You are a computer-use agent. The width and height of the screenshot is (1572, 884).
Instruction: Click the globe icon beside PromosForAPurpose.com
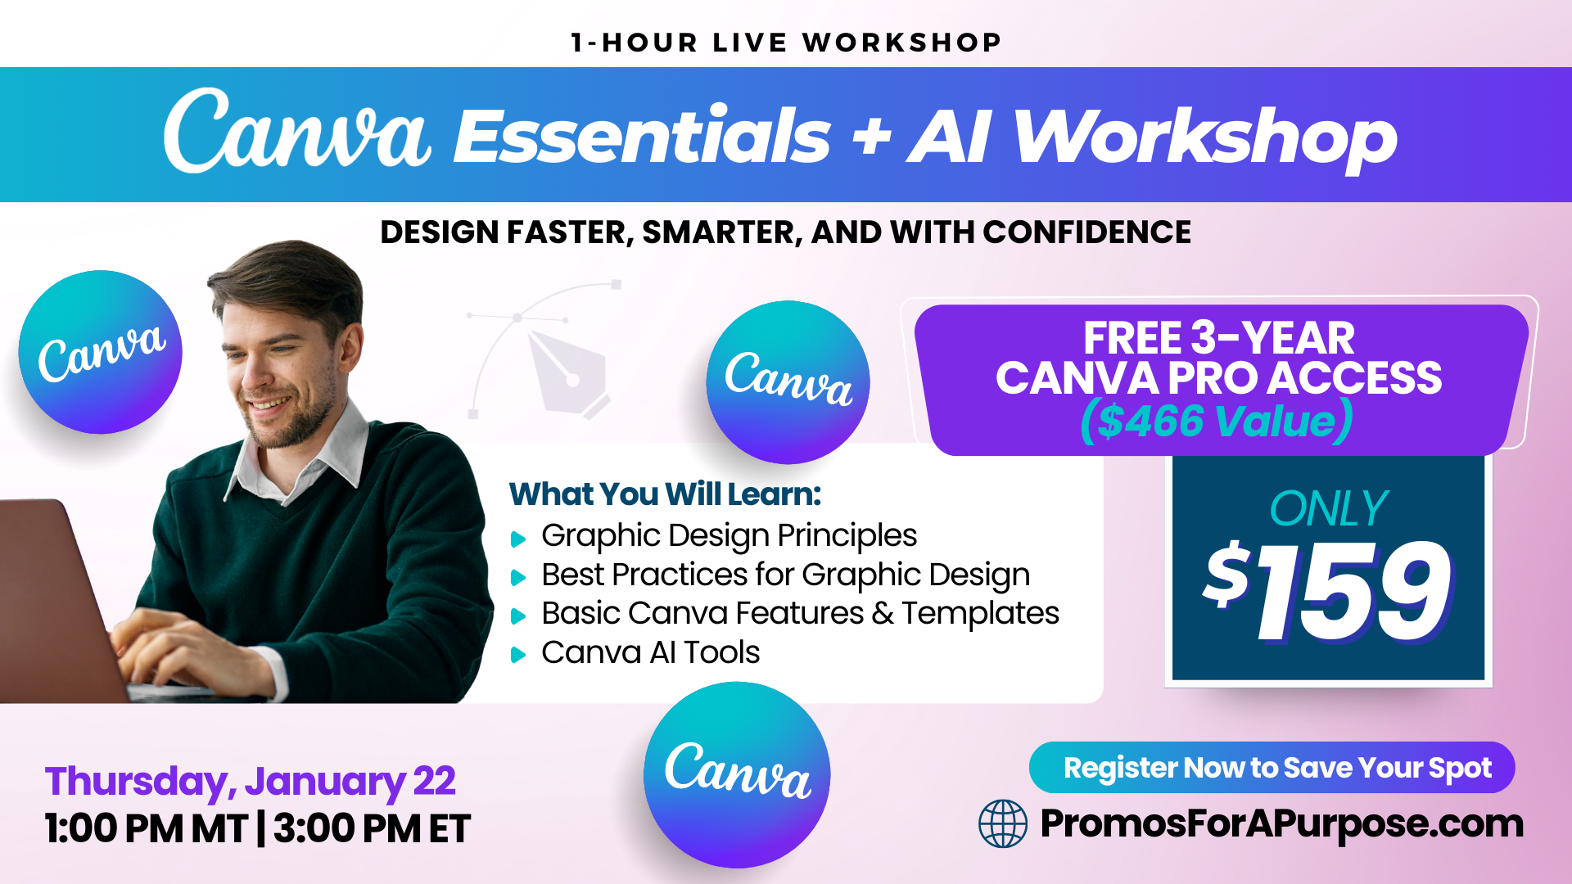coord(1003,823)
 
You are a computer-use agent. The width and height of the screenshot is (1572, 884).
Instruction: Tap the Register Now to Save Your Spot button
coord(1272,768)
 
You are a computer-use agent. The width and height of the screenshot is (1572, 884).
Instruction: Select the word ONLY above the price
coord(1328,509)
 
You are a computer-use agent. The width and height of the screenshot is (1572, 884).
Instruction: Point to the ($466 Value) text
coord(1217,421)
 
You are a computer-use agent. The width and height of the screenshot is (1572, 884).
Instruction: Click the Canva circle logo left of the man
coord(101,352)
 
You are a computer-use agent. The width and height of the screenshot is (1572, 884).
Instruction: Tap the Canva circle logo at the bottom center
coord(737,774)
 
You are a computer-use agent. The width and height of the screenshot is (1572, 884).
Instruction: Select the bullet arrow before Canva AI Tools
coord(518,655)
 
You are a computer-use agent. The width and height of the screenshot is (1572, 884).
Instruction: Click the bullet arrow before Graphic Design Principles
coord(518,539)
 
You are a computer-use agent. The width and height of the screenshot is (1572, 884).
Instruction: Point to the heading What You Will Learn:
coord(665,494)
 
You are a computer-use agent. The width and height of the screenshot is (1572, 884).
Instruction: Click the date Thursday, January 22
coord(250,782)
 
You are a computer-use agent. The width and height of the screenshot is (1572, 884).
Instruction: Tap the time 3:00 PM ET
coord(372,828)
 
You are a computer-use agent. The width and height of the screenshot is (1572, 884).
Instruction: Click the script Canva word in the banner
coord(296,133)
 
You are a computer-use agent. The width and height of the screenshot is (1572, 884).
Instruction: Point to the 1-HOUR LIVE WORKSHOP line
coord(786,43)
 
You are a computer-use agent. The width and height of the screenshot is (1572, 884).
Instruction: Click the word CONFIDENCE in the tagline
coord(1086,232)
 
